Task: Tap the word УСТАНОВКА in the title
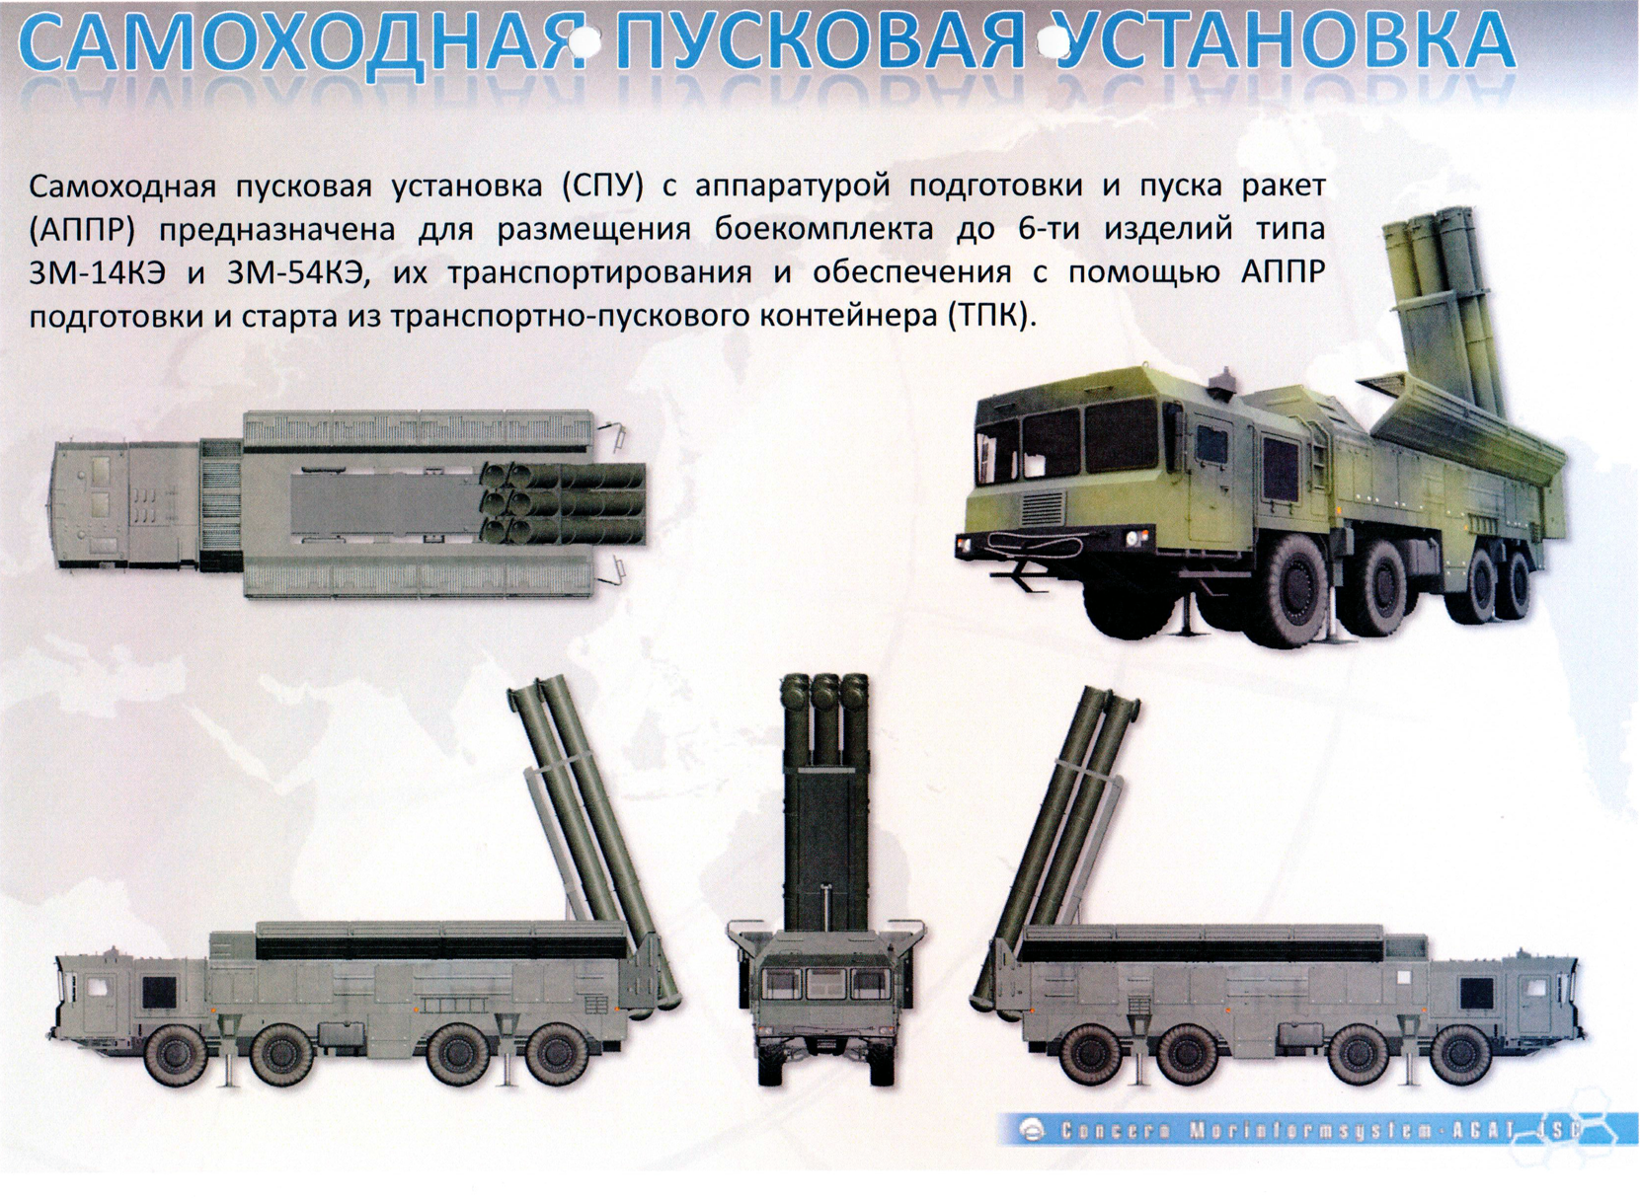tap(1279, 42)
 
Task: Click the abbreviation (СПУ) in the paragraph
tap(602, 187)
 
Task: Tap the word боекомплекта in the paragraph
tap(822, 230)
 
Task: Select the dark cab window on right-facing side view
tap(1478, 993)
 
